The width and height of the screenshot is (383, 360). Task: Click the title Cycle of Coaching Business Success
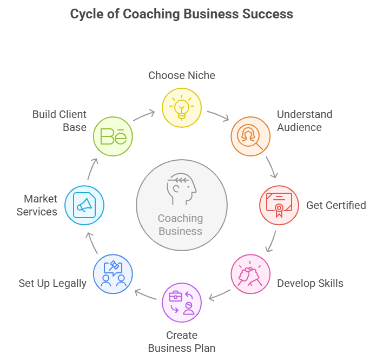(x=182, y=14)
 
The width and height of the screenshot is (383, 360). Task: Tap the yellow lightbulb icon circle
(x=182, y=108)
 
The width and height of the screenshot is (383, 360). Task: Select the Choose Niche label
(x=182, y=75)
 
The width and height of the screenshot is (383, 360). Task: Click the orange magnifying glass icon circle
(x=250, y=136)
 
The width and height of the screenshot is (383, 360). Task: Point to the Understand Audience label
(x=304, y=121)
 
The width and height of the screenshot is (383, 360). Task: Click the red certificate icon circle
(x=279, y=205)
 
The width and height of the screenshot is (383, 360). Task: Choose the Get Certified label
(x=336, y=205)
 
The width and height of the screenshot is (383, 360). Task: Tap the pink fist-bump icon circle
(x=250, y=274)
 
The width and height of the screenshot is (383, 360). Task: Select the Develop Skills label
(x=310, y=283)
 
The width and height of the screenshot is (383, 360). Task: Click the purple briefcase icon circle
(x=182, y=303)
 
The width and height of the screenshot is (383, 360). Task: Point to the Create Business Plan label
(x=182, y=341)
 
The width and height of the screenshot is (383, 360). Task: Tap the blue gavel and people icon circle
(x=113, y=274)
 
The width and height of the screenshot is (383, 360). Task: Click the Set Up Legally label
(x=52, y=283)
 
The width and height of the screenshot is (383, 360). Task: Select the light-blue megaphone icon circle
(x=84, y=205)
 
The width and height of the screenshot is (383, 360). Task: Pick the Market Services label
(x=37, y=205)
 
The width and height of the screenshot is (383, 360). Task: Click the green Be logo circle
(x=113, y=136)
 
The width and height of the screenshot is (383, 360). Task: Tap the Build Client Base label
(x=59, y=121)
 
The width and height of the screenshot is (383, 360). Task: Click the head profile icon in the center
(x=181, y=187)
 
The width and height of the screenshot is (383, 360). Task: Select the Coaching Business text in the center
(x=181, y=225)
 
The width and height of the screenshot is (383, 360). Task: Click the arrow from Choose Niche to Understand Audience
(x=218, y=115)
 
